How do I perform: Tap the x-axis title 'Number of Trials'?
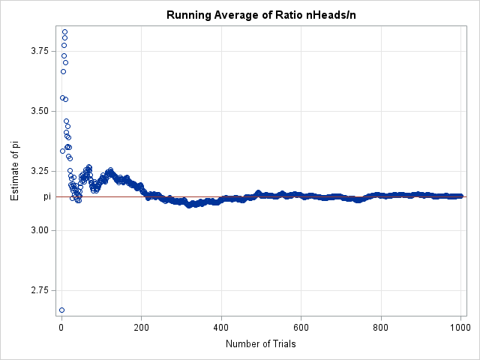[x=260, y=344]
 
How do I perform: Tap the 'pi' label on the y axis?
[x=46, y=196]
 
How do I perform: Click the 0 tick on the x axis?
[x=61, y=327]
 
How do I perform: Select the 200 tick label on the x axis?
[x=141, y=327]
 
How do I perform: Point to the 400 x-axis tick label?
[x=221, y=327]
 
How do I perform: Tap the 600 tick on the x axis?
[x=301, y=327]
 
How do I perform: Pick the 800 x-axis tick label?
[x=381, y=327]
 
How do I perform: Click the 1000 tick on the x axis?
[x=460, y=327]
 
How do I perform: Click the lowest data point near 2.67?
[x=61, y=310]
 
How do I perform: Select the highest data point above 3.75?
[x=64, y=31]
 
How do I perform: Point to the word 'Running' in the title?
[x=187, y=15]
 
